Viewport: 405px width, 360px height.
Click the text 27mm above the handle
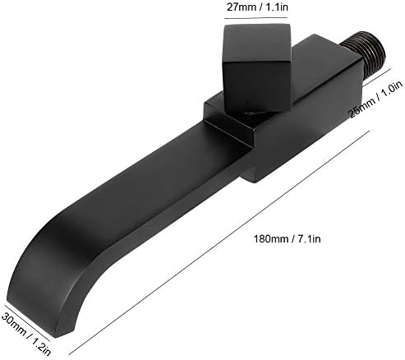237,7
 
